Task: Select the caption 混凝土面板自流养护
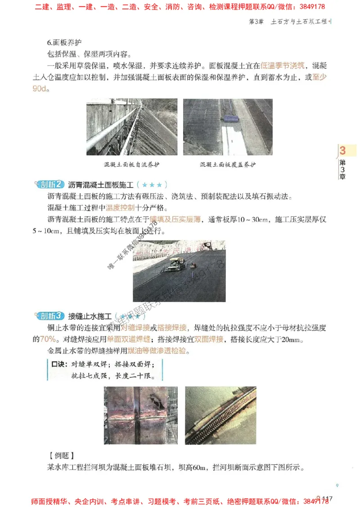pyautogui.click(x=131, y=165)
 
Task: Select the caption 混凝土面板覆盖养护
pyautogui.click(x=228, y=165)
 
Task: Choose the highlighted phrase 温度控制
pyautogui.click(x=120, y=208)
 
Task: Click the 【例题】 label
pyautogui.click(x=61, y=455)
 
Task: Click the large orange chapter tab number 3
pyautogui.click(x=343, y=151)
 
